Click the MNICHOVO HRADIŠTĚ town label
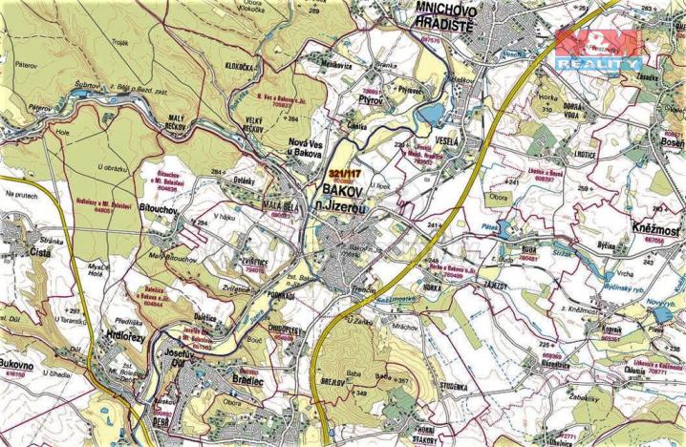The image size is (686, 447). (436, 18)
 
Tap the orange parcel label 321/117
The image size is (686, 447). (345, 173)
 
